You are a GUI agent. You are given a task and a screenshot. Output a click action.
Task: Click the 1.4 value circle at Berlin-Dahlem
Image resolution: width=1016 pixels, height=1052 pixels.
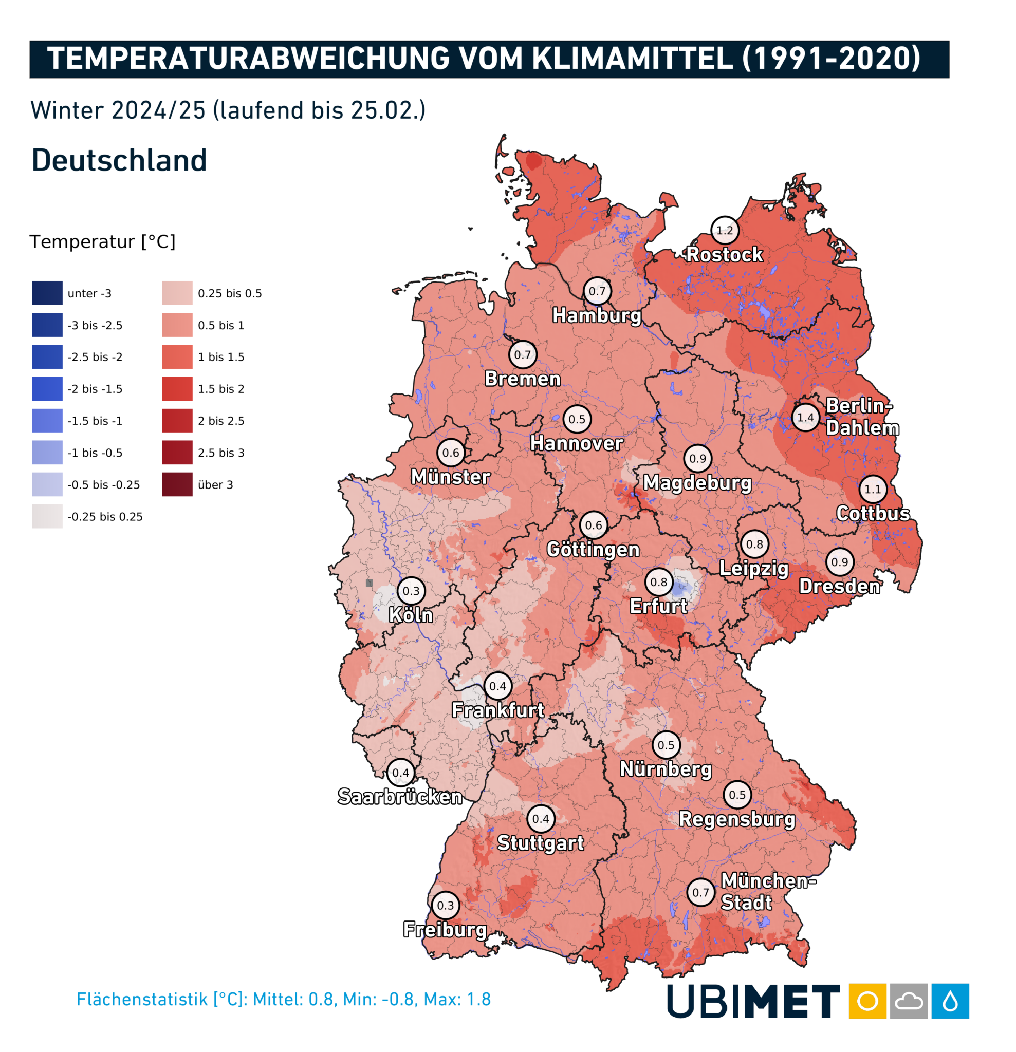805,418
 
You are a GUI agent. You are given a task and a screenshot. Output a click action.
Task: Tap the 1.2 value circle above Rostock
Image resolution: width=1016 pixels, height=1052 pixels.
725,230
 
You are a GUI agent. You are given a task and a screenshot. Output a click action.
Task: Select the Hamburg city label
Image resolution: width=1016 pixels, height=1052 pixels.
597,315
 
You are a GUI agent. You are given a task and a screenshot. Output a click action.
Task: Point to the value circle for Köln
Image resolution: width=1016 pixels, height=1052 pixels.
411,591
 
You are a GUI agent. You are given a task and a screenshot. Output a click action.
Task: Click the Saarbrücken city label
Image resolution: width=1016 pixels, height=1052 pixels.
399,797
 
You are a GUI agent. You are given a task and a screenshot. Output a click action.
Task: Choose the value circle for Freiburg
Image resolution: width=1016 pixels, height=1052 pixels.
445,906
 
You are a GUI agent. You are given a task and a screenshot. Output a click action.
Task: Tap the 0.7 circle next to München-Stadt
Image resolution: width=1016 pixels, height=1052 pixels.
700,893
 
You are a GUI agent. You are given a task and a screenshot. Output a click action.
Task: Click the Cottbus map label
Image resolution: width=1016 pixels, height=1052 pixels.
873,514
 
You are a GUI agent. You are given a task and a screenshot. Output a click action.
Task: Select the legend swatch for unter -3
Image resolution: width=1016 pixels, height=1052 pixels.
47,293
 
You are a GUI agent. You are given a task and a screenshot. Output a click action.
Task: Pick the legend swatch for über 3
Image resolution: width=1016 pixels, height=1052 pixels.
177,485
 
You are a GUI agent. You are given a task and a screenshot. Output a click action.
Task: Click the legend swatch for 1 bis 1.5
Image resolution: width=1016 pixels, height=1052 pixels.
177,357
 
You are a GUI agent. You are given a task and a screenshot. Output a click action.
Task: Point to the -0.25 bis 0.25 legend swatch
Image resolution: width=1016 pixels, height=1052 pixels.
47,516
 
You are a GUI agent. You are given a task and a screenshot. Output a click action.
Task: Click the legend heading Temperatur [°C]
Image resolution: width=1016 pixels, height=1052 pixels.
103,241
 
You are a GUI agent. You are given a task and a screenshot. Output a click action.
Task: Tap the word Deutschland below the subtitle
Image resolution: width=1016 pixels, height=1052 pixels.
119,160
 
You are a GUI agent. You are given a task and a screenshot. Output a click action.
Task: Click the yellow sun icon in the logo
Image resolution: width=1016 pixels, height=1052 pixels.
867,1001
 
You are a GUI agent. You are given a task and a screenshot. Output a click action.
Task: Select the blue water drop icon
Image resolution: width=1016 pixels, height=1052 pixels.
949,1001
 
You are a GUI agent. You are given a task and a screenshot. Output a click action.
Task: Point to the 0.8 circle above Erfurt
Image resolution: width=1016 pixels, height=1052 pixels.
658,583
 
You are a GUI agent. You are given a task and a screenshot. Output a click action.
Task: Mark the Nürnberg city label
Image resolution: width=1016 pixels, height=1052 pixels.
666,769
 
